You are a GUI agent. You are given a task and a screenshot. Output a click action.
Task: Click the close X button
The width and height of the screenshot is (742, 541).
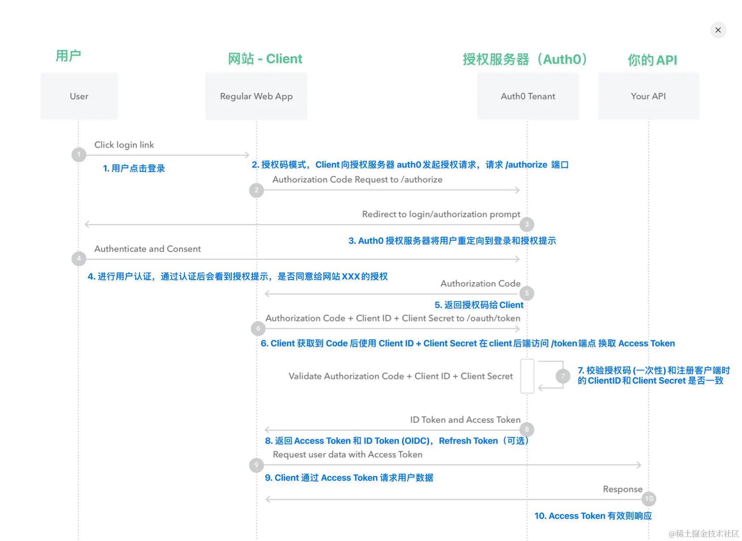(718, 30)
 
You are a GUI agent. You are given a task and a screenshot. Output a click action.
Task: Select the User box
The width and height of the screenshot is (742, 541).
(79, 96)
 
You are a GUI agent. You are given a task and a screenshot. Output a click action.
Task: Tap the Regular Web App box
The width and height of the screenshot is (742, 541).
(256, 96)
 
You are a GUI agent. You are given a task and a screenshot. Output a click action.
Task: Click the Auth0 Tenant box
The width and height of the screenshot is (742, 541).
(528, 96)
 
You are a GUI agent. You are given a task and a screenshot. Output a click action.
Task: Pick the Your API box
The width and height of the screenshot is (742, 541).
(648, 96)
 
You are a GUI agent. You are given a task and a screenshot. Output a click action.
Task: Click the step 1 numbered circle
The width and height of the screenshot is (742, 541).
(79, 154)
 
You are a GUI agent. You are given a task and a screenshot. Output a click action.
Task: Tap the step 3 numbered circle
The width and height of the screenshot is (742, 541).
(527, 224)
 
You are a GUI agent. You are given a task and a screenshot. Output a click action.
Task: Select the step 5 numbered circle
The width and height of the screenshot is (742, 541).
(527, 293)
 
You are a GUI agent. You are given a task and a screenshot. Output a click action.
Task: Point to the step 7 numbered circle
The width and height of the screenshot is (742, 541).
(563, 376)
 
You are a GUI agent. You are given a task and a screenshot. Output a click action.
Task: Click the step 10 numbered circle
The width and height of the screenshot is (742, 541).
(649, 499)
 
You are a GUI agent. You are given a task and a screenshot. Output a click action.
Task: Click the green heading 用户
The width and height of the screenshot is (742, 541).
(68, 56)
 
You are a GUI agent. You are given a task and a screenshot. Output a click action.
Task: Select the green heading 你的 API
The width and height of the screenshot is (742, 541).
(652, 60)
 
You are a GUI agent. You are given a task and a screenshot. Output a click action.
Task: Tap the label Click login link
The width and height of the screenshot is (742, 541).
(124, 145)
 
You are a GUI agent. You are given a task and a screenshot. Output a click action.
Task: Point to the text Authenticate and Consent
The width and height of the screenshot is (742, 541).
(147, 249)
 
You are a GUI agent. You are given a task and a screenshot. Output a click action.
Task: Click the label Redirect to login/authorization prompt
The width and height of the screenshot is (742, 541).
(441, 214)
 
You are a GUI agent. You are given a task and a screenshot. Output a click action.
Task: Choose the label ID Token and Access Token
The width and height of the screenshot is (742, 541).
(465, 420)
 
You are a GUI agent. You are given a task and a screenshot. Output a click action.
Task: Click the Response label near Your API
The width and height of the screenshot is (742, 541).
(622, 489)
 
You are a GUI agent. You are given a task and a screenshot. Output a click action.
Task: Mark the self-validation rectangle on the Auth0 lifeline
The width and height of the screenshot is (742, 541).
(527, 376)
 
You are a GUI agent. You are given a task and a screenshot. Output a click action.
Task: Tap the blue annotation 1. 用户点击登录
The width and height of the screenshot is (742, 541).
(134, 168)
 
